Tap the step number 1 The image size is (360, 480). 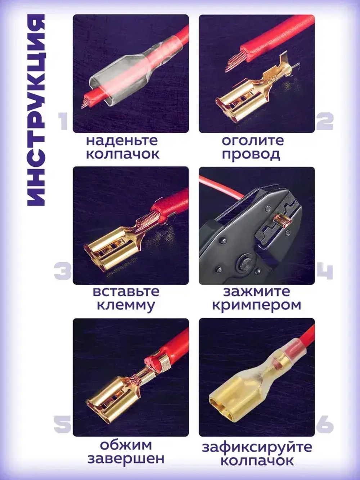point(63,122)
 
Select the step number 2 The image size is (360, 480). point(325,122)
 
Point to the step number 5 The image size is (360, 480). point(63,425)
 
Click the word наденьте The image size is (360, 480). point(122,141)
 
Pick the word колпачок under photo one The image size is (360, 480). point(122,154)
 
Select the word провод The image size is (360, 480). point(251,154)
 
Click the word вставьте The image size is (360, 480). point(126,291)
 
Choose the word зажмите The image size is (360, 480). point(256,291)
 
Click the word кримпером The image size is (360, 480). point(256,305)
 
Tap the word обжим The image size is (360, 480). point(126,445)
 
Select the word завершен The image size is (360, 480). point(126,459)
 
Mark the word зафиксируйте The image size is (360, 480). point(257,447)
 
